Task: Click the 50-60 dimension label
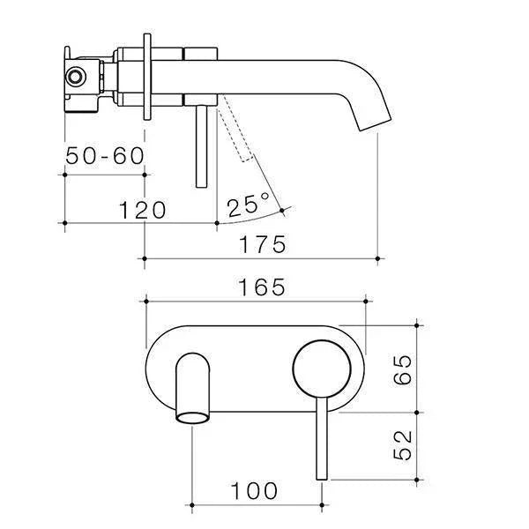105,156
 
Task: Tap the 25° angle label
249,206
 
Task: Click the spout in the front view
195,388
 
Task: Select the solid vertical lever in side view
204,141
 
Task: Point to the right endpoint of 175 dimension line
378,258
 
